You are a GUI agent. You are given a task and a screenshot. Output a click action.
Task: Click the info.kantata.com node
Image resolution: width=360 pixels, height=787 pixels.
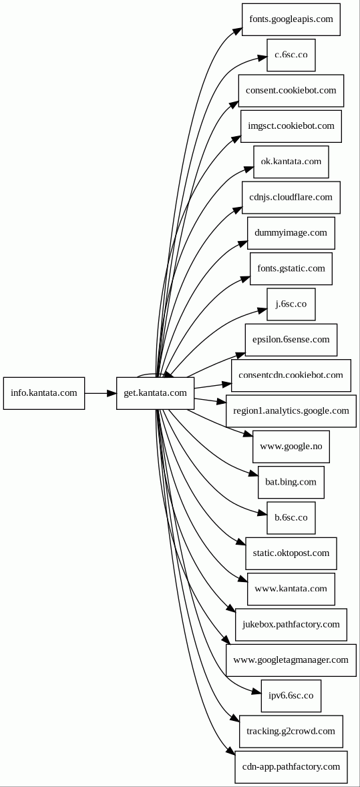(44, 393)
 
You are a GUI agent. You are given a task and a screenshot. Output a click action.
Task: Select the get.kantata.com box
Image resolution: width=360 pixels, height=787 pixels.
(155, 393)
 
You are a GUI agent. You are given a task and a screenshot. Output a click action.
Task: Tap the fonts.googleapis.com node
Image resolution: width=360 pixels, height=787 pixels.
(291, 19)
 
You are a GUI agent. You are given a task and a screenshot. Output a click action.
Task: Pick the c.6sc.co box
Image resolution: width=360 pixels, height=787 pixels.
(291, 55)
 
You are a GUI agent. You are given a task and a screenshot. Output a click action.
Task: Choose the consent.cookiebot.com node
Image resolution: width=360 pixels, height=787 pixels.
(291, 91)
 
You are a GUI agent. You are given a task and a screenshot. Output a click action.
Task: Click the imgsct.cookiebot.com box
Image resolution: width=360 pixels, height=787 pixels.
(291, 126)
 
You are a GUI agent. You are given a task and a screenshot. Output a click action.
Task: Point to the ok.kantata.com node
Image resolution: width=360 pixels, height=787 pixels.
(291, 162)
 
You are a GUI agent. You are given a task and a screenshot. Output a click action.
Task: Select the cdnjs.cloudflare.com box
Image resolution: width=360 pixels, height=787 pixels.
(291, 198)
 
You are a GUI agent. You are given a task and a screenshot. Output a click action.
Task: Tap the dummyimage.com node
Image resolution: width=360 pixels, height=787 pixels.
(291, 233)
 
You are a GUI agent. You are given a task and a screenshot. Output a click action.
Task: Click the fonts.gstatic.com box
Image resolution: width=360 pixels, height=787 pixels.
(291, 268)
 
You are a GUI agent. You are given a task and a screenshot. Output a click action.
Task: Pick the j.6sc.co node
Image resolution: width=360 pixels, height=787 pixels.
(291, 304)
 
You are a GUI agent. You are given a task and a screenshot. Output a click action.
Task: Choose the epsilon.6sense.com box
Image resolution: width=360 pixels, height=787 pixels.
(291, 340)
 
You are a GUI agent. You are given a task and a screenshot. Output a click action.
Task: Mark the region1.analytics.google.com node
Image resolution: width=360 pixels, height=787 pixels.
(291, 411)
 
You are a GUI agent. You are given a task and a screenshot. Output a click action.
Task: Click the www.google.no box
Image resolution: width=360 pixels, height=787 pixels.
(291, 447)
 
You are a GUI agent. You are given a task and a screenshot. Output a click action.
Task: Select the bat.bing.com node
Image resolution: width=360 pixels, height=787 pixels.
(291, 483)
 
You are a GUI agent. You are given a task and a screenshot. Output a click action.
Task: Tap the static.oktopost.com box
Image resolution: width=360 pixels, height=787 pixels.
(291, 553)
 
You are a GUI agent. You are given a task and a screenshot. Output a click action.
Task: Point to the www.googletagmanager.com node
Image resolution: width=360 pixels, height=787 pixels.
(291, 660)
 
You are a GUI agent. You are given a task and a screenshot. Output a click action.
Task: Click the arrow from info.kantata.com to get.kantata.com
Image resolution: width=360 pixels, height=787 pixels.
(100, 393)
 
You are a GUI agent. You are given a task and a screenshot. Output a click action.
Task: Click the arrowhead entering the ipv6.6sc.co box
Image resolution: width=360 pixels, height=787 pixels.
(256, 692)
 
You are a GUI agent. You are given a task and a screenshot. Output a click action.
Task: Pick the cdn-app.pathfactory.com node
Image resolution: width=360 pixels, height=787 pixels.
(291, 767)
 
